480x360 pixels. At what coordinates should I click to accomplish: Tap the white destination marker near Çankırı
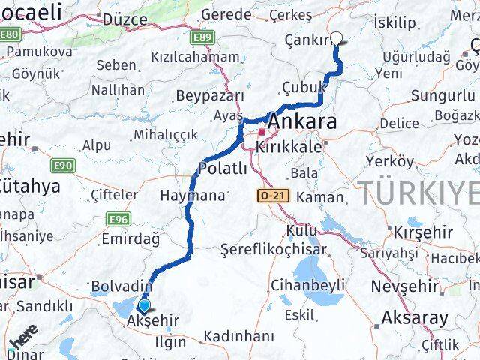coord(336,39)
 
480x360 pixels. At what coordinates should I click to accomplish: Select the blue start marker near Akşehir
coord(142,305)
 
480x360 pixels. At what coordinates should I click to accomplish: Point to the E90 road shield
coord(63,165)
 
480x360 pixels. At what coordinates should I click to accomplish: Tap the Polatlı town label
coord(223,169)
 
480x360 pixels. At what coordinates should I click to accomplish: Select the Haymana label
coord(192,195)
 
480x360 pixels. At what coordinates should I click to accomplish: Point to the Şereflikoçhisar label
coord(274,249)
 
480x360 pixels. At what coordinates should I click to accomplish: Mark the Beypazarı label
coord(210,96)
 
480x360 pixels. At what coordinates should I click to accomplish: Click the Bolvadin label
coord(121,286)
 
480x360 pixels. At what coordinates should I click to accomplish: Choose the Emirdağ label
coord(130,239)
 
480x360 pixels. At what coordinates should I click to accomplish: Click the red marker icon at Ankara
coord(262,133)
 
